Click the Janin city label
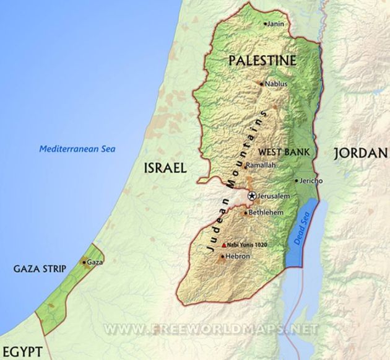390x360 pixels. [x=276, y=24]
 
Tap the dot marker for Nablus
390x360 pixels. [x=262, y=84]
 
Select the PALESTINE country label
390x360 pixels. [x=262, y=60]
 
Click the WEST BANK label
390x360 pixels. [x=284, y=151]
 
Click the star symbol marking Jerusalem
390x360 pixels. [x=252, y=196]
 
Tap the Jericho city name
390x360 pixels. [x=311, y=181]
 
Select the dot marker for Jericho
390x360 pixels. [x=295, y=182]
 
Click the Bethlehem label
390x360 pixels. [x=267, y=213]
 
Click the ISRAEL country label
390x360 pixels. [x=165, y=168]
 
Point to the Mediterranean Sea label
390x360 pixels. [x=77, y=149]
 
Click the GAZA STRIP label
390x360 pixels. [x=40, y=269]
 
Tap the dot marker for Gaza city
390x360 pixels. [x=84, y=262]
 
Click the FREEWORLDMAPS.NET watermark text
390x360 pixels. [x=210, y=328]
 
